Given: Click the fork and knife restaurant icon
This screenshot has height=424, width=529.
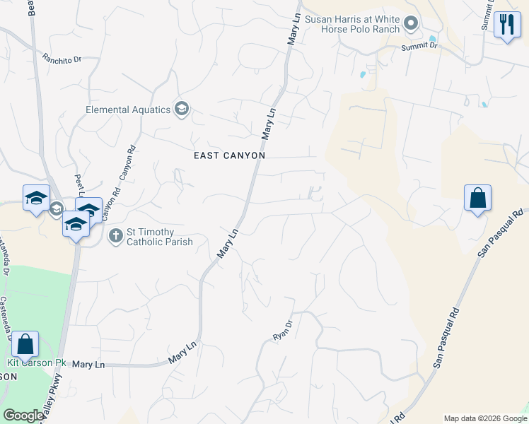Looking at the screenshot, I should (506, 25).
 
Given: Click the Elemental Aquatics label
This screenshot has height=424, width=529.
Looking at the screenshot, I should (128, 110).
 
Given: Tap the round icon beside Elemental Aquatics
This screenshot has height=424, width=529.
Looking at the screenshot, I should (182, 109).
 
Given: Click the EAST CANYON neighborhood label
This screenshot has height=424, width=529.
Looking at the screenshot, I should (230, 155).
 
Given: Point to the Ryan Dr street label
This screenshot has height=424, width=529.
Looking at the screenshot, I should (283, 331).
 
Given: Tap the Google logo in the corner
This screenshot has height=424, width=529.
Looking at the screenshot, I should (23, 416).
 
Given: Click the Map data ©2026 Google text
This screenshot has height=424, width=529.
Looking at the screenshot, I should (484, 418).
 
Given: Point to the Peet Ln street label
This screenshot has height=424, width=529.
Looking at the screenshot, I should (79, 185).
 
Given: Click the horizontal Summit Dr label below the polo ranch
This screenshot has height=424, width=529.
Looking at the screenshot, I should (420, 45).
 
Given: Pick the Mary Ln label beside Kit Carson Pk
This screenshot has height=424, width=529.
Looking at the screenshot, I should (88, 364).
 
